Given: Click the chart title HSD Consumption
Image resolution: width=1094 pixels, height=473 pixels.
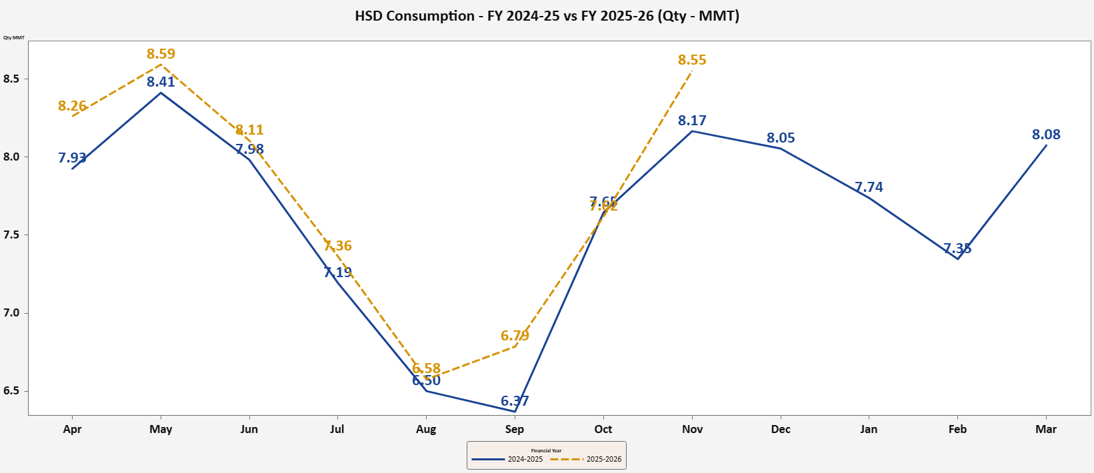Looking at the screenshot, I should [x=547, y=16].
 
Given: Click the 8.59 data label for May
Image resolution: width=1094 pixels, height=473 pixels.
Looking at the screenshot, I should [x=161, y=54].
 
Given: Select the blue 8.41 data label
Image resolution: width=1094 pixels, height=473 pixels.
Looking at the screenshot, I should [x=161, y=82].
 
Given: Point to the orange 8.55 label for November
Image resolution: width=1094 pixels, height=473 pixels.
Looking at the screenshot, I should [x=692, y=60].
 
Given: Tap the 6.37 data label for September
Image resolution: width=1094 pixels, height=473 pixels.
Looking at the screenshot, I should [x=515, y=401].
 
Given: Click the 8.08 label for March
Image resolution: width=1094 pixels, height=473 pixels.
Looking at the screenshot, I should [x=1046, y=135].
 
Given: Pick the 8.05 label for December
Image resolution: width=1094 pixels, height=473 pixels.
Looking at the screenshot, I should [x=781, y=138].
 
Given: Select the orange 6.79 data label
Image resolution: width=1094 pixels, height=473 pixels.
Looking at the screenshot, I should [x=515, y=336].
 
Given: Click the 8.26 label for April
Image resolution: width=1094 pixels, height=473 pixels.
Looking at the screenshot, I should [x=72, y=106].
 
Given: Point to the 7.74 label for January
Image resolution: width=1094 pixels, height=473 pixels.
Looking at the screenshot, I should [x=869, y=187].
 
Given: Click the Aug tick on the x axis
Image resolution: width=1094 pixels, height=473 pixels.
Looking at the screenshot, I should [x=426, y=430].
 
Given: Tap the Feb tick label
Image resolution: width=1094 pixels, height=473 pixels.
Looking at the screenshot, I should [x=957, y=430].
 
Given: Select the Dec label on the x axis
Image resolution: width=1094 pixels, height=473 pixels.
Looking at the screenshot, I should [x=781, y=430].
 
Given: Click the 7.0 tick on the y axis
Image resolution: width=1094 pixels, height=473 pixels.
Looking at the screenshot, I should [x=11, y=313].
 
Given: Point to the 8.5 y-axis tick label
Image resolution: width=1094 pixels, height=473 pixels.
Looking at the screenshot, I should [x=11, y=79].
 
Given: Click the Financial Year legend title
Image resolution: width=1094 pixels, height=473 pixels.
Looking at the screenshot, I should [x=546, y=451].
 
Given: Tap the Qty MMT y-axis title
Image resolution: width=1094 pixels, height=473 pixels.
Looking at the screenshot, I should [x=14, y=37].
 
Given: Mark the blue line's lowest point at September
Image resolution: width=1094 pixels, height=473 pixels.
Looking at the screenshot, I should [x=515, y=411].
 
